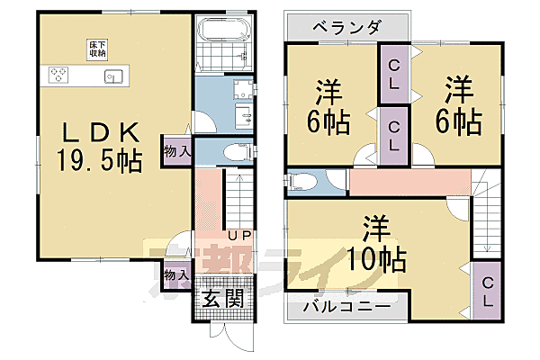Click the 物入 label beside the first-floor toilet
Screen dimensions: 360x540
click(x=176, y=151)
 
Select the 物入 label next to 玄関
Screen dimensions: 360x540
click(x=176, y=274)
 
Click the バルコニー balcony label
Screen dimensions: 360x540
click(x=346, y=307)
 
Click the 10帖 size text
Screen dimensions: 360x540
click(x=376, y=261)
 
